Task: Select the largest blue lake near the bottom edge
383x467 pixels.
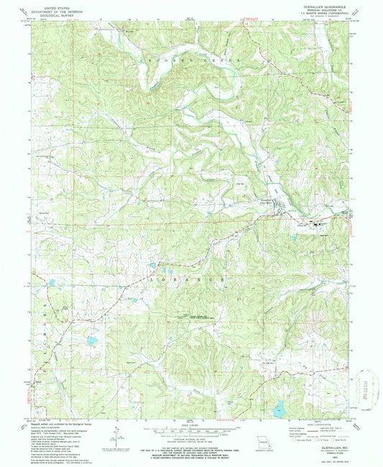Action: [x=277, y=410]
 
